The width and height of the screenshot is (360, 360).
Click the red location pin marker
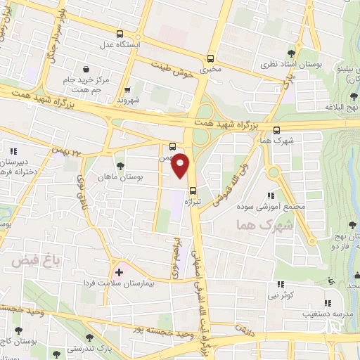click(x=181, y=165)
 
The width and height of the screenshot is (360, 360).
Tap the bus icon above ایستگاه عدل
click(x=120, y=34)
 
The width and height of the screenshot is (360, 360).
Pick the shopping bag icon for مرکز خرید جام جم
click(x=86, y=70)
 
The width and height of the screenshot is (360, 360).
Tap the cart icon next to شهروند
click(x=127, y=89)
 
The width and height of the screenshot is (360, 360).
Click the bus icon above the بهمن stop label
click(x=173, y=147)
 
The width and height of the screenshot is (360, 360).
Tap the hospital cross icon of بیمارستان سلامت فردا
click(x=119, y=271)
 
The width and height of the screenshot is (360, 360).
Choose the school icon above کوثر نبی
click(x=280, y=284)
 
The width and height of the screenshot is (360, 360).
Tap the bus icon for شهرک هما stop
click(x=276, y=129)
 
